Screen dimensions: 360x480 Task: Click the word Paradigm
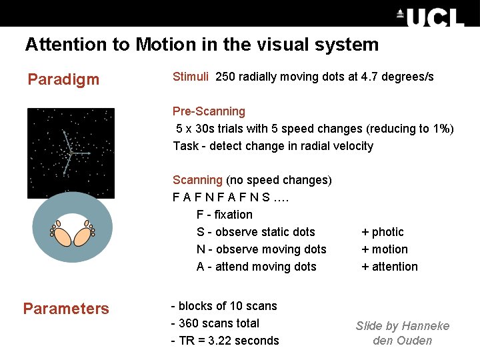click(63, 80)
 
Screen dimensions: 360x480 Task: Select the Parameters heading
click(66, 309)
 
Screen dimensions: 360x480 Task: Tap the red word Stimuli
click(191, 77)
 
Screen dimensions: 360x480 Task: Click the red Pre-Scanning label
click(209, 111)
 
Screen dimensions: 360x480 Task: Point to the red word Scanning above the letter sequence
click(197, 180)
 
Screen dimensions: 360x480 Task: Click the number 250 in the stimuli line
click(225, 77)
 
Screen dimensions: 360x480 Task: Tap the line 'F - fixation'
click(225, 215)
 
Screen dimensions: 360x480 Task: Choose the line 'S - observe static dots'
click(256, 232)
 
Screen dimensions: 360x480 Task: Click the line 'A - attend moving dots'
click(257, 267)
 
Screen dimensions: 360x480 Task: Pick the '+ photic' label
click(383, 232)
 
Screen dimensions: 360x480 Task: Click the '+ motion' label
click(385, 249)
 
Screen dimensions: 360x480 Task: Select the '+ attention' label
click(389, 267)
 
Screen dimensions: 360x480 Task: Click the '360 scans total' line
click(215, 323)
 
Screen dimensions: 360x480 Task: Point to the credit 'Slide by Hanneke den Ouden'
click(403, 333)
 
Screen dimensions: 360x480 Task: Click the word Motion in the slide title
click(161, 45)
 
